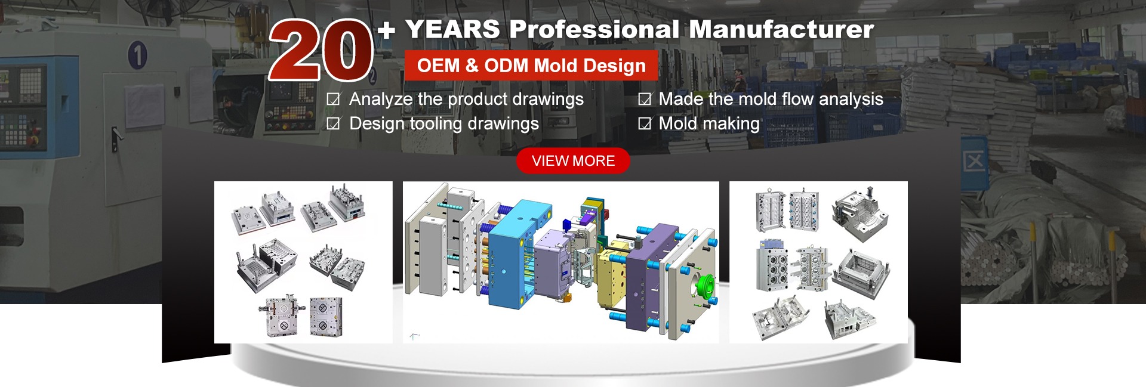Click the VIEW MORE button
(573, 161)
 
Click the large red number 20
(321, 50)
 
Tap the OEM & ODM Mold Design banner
(531, 66)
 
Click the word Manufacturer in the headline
(781, 29)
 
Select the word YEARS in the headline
(452, 29)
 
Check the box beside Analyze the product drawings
(334, 99)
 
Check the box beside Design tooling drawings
(334, 123)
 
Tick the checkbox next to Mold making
(645, 123)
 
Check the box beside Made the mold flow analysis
(645, 99)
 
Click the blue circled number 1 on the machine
(137, 55)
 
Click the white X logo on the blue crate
(974, 161)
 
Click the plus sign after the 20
(386, 29)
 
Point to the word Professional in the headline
(594, 29)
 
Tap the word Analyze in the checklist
(381, 100)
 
